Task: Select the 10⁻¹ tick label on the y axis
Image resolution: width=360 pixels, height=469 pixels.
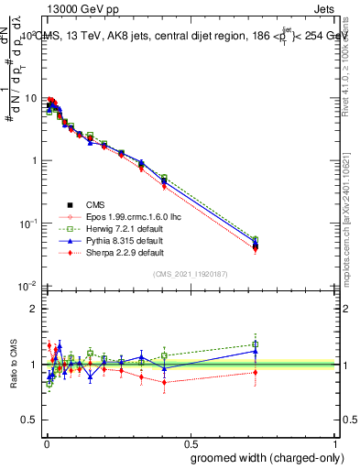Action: click(28, 223)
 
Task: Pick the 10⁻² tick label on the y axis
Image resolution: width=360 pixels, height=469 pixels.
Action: click(28, 286)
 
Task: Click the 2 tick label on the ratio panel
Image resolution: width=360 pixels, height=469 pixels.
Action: click(35, 309)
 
